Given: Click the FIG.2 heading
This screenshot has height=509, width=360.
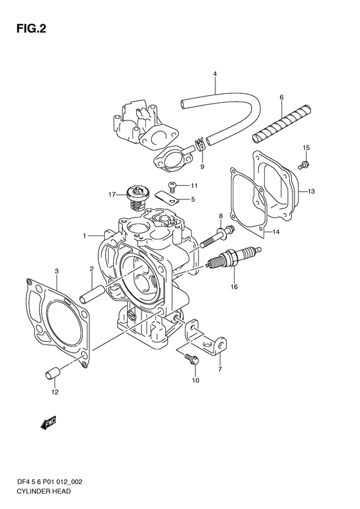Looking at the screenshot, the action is click(31, 29).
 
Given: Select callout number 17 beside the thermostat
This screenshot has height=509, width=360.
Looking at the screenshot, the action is click(112, 195).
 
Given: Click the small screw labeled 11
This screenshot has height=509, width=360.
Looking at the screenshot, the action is click(172, 187).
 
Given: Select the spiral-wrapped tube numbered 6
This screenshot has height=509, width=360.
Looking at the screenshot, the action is click(282, 124).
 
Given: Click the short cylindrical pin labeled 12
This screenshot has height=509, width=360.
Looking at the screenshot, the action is click(52, 373).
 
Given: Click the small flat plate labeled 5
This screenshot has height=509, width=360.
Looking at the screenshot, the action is click(166, 198).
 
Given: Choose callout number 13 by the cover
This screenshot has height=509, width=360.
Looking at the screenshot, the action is click(311, 192).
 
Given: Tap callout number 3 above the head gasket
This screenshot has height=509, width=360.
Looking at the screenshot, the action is click(57, 270).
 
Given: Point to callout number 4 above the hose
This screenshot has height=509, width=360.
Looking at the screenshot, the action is click(215, 74).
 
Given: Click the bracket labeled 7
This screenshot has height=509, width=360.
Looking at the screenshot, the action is click(206, 337).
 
